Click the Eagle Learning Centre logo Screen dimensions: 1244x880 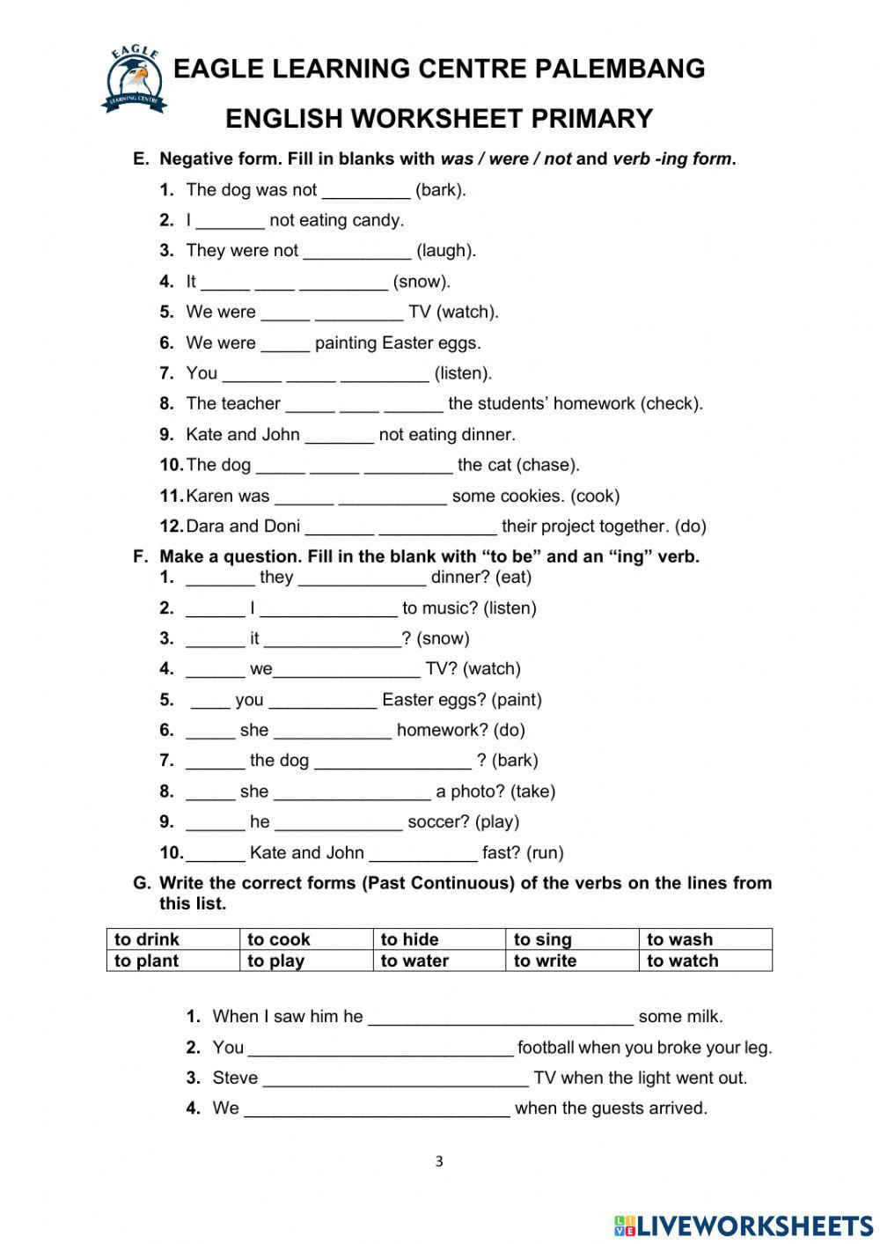(135, 80)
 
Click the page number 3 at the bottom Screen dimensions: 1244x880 (439, 1161)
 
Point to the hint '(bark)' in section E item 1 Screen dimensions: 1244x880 (440, 189)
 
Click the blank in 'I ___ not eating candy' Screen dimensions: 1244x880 (230, 221)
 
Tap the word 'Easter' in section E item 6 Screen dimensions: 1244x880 (407, 342)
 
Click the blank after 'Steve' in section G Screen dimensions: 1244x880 (395, 1078)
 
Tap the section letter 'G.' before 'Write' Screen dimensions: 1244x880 (142, 883)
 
